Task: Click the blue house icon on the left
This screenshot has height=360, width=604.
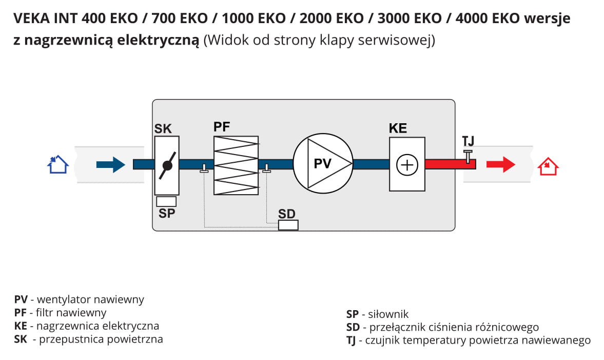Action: (x=58, y=164)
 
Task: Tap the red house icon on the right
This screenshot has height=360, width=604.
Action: (x=548, y=166)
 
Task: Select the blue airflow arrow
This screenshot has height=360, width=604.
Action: (x=110, y=164)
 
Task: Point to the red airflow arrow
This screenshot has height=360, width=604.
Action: (x=501, y=164)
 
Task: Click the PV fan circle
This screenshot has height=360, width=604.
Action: (x=323, y=163)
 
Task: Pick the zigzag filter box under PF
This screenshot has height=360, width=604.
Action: (x=236, y=165)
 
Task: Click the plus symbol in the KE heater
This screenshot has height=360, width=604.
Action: (x=407, y=165)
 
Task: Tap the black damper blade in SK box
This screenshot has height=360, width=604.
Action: (x=167, y=165)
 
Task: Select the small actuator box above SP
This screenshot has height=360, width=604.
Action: (x=166, y=202)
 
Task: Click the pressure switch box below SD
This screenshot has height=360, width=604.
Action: (x=288, y=225)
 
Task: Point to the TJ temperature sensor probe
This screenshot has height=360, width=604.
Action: (x=467, y=157)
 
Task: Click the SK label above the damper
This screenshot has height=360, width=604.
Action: (x=163, y=128)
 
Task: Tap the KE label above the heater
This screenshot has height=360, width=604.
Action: (x=398, y=128)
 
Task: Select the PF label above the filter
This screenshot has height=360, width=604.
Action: (x=222, y=127)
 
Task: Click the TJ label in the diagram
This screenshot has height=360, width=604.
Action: (x=468, y=141)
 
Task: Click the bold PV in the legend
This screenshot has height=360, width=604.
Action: (x=21, y=299)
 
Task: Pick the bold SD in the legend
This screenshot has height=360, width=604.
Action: (x=353, y=327)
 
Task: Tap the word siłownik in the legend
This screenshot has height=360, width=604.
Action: (x=388, y=314)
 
